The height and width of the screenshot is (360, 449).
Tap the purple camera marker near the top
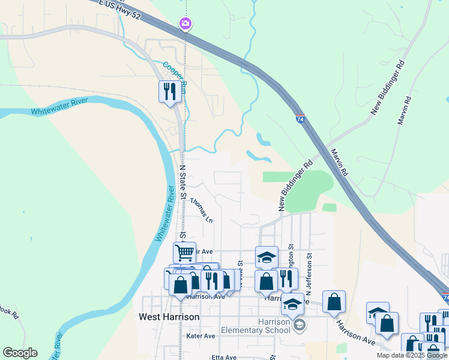tap(185, 24)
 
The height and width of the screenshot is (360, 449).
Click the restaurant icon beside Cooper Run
tap(169, 91)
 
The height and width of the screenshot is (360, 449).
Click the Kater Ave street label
tap(200, 336)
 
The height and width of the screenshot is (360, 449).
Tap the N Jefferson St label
tap(309, 274)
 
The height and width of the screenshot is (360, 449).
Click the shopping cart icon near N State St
tap(184, 253)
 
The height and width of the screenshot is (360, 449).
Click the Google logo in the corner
tap(20, 353)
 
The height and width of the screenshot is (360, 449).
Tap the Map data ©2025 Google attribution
tap(412, 355)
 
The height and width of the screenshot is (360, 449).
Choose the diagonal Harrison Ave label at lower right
tap(356, 334)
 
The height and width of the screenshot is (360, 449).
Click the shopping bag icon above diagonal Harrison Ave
tap(334, 302)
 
